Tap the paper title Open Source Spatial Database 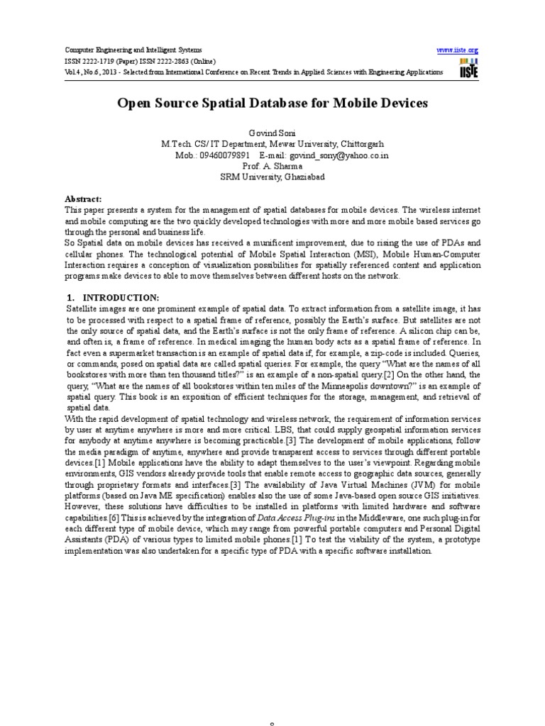pyautogui.click(x=272, y=104)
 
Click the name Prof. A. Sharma pyautogui.click(x=272, y=165)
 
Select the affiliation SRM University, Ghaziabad pyautogui.click(x=272, y=177)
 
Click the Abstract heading pyautogui.click(x=84, y=200)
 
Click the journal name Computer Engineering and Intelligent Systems pyautogui.click(x=133, y=50)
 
